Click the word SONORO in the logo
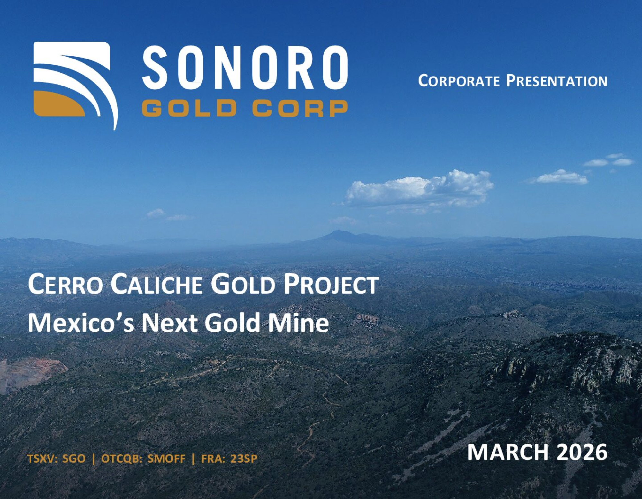click(245, 67)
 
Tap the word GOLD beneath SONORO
click(189, 108)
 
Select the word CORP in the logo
click(300, 108)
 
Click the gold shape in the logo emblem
click(59, 104)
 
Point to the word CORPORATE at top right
click(459, 81)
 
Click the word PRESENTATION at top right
click(557, 81)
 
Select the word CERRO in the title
click(66, 284)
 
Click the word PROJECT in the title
click(331, 284)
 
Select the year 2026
click(582, 452)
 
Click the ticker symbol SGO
click(74, 458)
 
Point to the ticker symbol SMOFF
click(166, 458)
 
